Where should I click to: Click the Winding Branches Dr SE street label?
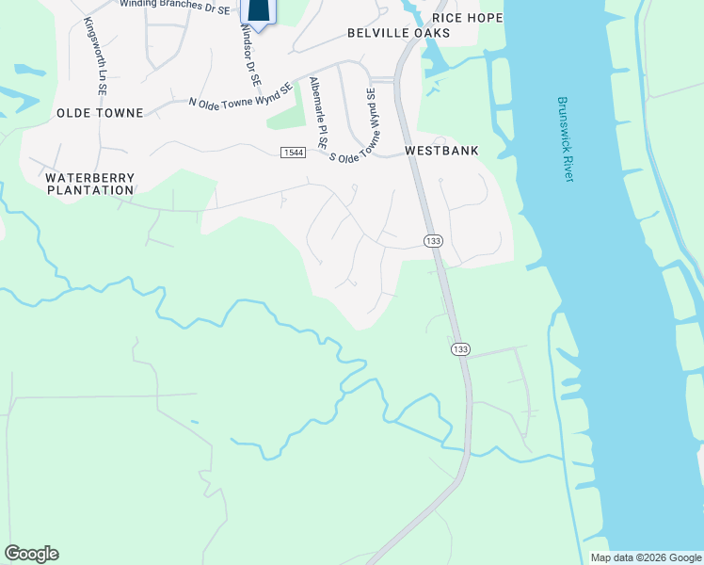174,7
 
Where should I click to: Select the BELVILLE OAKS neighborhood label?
398,33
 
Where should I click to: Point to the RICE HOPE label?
467,18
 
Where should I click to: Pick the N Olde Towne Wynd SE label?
242,96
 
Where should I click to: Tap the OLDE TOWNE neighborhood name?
100,113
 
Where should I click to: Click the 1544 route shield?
293,153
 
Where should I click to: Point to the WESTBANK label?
441,151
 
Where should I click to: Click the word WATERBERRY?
90,177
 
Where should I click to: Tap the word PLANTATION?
90,190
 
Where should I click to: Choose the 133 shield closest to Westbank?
433,241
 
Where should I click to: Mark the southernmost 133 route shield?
460,349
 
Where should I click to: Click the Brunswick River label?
565,139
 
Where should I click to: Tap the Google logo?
31,554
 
